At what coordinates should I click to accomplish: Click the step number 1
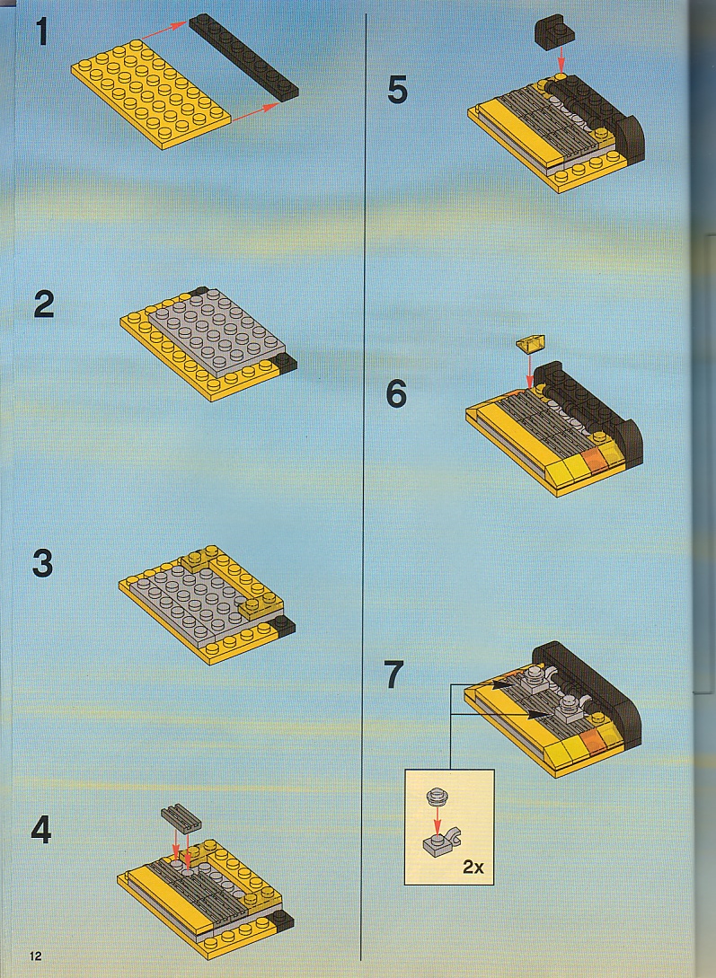pos(42,32)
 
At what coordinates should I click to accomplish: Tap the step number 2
pos(44,304)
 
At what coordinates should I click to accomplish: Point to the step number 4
pos(42,830)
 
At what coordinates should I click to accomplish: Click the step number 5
pos(397,91)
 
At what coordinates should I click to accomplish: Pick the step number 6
pos(397,394)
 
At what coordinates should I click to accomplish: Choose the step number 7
pos(394,674)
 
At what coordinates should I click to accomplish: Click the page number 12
pos(34,956)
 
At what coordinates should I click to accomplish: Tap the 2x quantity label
pos(474,867)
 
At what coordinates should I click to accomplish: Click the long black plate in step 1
pos(243,57)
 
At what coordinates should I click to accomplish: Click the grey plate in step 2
pos(217,330)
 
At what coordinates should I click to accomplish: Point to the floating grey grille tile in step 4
pos(181,816)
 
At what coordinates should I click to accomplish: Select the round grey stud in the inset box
pos(436,796)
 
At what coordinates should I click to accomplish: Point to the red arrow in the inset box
pos(437,818)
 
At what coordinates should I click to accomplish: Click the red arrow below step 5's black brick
pos(561,61)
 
